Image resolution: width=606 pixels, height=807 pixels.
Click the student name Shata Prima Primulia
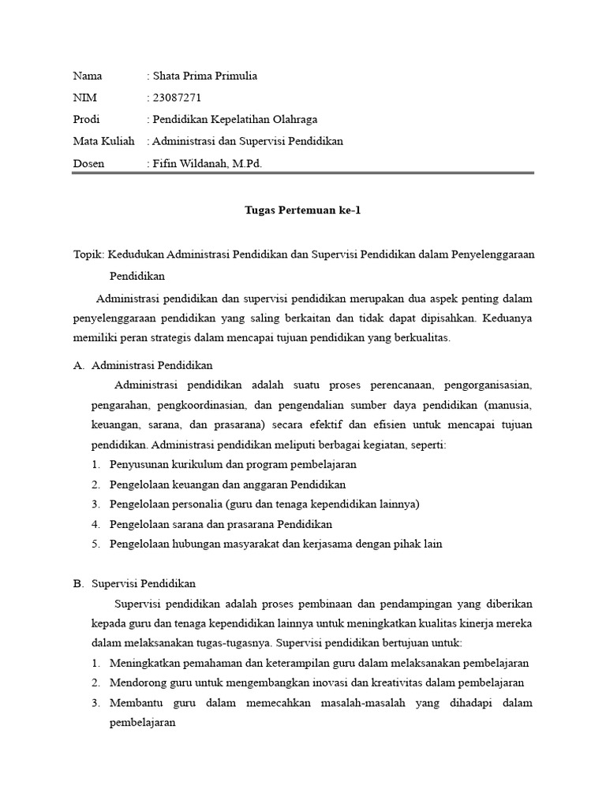(x=205, y=76)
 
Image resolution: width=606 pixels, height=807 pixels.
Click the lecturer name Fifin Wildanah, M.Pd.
(x=208, y=164)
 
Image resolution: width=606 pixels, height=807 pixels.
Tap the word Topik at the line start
(x=86, y=255)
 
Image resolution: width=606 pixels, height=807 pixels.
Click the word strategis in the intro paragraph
(x=175, y=337)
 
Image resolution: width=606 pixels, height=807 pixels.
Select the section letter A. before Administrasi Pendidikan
(x=77, y=366)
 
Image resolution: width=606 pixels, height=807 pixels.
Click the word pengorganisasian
(x=488, y=385)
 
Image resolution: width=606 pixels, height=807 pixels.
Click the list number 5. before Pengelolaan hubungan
(x=95, y=544)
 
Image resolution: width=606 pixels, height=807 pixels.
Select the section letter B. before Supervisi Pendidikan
(x=77, y=584)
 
